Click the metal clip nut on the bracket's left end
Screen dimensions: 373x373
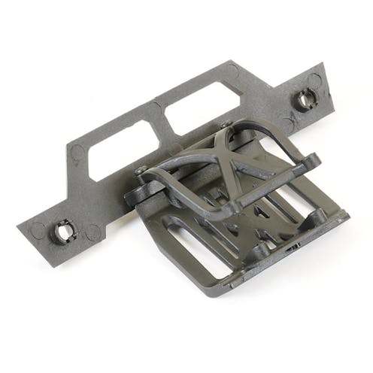[x=62, y=231]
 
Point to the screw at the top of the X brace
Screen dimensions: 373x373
[x=225, y=124]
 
